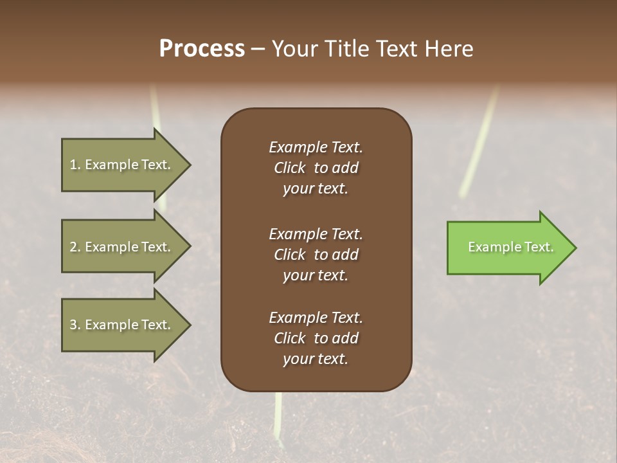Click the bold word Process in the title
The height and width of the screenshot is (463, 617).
click(202, 49)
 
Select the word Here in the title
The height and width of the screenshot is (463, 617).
click(449, 49)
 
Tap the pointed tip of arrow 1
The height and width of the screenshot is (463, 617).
click(189, 165)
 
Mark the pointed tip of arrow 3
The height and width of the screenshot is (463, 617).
click(189, 325)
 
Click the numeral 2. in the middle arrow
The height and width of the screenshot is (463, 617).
click(75, 247)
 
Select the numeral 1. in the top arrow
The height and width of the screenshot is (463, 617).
click(75, 165)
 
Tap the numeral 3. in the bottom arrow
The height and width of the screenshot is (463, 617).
click(75, 325)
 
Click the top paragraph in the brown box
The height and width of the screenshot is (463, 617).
click(316, 168)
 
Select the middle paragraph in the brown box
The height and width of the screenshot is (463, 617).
click(316, 255)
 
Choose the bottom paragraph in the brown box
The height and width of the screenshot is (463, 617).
click(316, 338)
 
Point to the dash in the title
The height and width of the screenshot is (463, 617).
click(258, 50)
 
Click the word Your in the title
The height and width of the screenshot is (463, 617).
click(295, 49)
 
